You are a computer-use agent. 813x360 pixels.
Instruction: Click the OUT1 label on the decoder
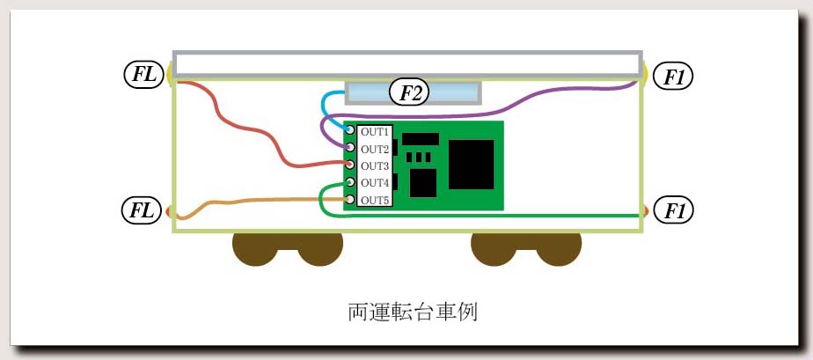[x=374, y=132]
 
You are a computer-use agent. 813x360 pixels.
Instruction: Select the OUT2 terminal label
[x=374, y=150]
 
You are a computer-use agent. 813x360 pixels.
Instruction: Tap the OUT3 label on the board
[x=374, y=166]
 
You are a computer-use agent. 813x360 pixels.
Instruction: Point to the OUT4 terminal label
[x=374, y=183]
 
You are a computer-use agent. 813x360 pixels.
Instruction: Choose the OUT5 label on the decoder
[x=374, y=200]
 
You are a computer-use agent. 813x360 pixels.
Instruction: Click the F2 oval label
[x=410, y=92]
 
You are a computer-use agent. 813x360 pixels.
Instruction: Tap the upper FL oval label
[x=143, y=74]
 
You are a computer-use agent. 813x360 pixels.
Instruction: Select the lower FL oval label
[x=141, y=211]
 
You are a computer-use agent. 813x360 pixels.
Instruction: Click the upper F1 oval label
[x=672, y=76]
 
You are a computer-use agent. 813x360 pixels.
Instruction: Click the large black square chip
[x=471, y=165]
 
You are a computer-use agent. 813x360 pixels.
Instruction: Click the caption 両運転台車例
[x=412, y=312]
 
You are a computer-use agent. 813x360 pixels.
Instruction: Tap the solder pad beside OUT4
[x=350, y=182]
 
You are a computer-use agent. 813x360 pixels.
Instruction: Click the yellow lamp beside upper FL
[x=170, y=74]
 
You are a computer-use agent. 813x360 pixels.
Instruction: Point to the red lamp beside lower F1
[x=646, y=211]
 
